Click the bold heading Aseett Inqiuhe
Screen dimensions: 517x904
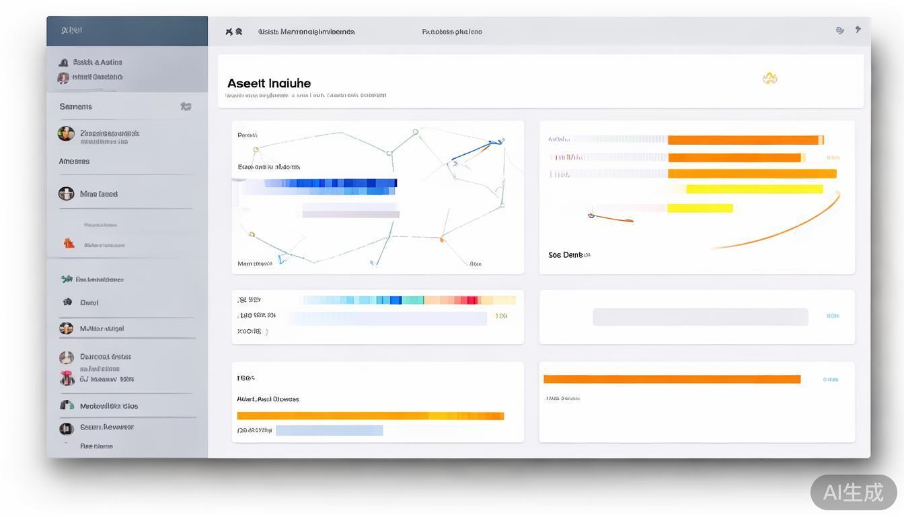point(269,83)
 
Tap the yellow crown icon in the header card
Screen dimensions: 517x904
point(769,79)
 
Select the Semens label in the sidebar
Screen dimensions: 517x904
point(75,106)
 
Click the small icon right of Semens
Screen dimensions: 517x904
point(186,106)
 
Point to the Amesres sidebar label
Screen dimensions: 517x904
point(74,162)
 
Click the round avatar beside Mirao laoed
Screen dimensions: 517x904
point(66,194)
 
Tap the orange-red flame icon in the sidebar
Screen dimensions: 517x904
point(69,244)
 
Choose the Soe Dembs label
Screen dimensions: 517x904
point(568,255)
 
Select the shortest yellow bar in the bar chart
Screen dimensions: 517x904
point(700,208)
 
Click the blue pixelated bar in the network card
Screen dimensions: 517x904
point(330,183)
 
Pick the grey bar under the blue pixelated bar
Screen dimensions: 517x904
point(350,214)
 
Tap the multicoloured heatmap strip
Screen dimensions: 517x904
point(409,300)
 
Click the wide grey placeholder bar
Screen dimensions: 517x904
point(700,316)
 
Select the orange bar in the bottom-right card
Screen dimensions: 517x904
point(671,380)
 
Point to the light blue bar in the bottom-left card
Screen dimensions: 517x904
point(329,430)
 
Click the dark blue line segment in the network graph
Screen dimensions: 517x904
point(475,151)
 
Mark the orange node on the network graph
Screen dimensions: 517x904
point(442,239)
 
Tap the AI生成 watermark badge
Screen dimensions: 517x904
point(853,492)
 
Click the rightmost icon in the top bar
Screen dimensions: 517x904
point(858,30)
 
